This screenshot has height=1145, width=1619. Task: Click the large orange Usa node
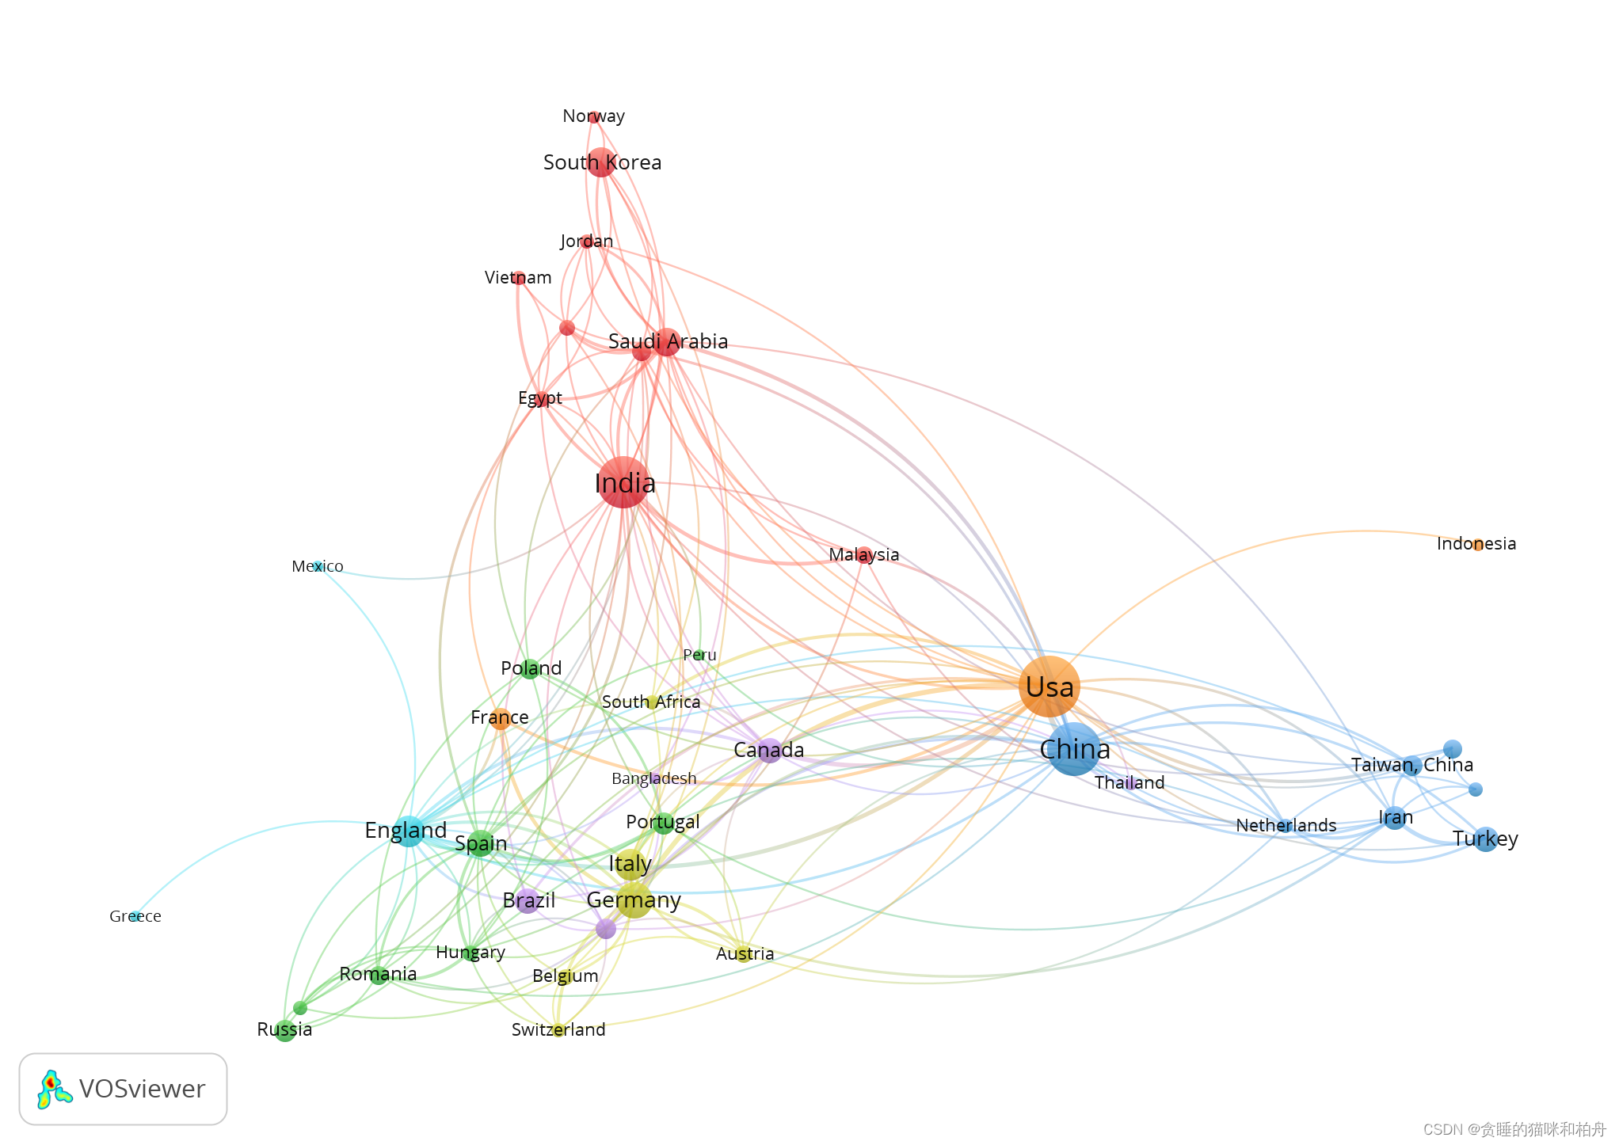click(1049, 687)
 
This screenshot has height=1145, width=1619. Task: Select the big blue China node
click(1073, 749)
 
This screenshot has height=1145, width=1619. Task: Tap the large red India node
click(624, 482)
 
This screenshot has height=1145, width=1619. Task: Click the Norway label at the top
click(593, 116)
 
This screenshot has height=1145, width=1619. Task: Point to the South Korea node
click(601, 162)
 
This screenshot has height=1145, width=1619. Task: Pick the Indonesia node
click(1477, 545)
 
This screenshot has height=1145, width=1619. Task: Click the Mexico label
click(317, 566)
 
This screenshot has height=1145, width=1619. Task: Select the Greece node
click(135, 916)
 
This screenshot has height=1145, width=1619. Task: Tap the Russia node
click(285, 1031)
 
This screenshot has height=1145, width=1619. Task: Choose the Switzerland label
click(558, 1029)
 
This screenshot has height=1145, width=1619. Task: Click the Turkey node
click(1485, 839)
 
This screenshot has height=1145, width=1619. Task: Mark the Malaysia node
click(864, 555)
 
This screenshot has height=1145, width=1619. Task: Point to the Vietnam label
click(518, 277)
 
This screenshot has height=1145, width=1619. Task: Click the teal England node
click(408, 831)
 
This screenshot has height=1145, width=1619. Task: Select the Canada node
click(769, 750)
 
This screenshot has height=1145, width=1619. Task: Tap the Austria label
click(745, 953)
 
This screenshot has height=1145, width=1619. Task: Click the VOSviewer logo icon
click(54, 1090)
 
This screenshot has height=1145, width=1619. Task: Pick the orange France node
click(500, 718)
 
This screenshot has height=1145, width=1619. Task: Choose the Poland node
click(531, 669)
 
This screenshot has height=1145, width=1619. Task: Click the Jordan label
click(586, 241)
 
